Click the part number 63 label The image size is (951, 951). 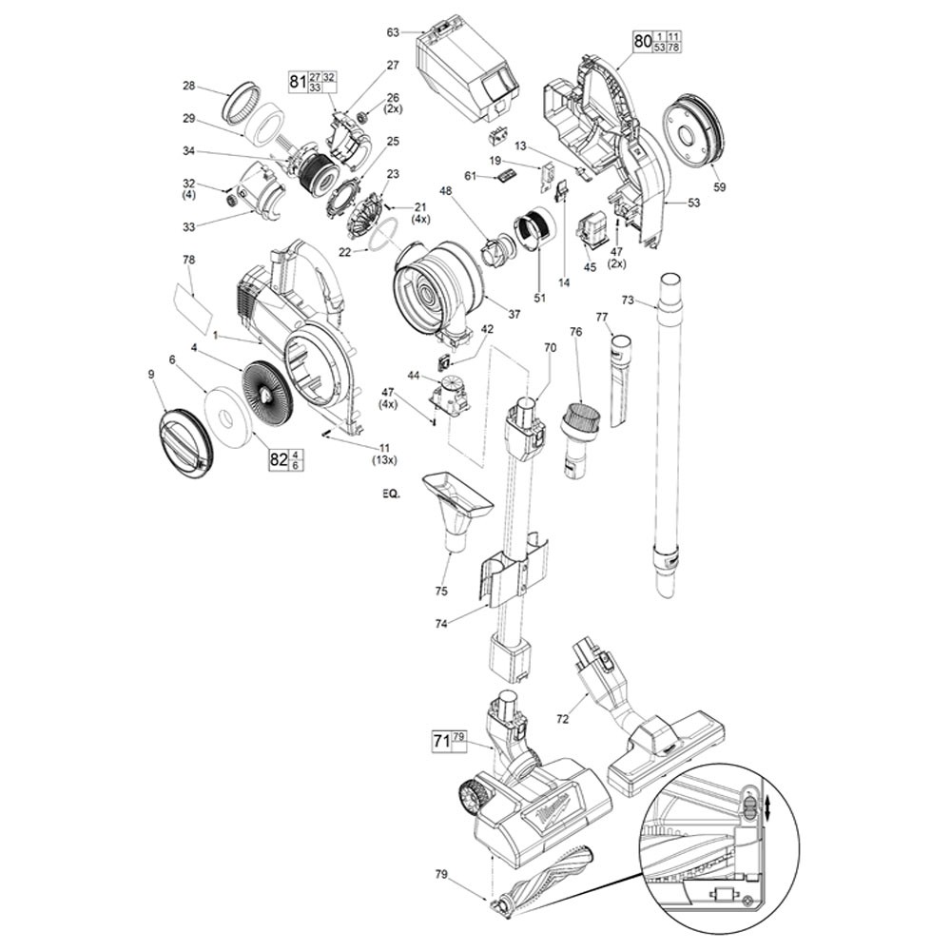pyautogui.click(x=392, y=33)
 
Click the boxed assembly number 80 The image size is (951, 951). pyautogui.click(x=642, y=41)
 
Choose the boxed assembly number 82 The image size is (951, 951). pyautogui.click(x=279, y=459)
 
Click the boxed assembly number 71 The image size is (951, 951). pyautogui.click(x=441, y=738)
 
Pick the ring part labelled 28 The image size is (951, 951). pyautogui.click(x=241, y=100)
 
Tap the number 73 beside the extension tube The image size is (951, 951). pyautogui.click(x=627, y=301)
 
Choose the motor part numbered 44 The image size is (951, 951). pyautogui.click(x=451, y=392)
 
